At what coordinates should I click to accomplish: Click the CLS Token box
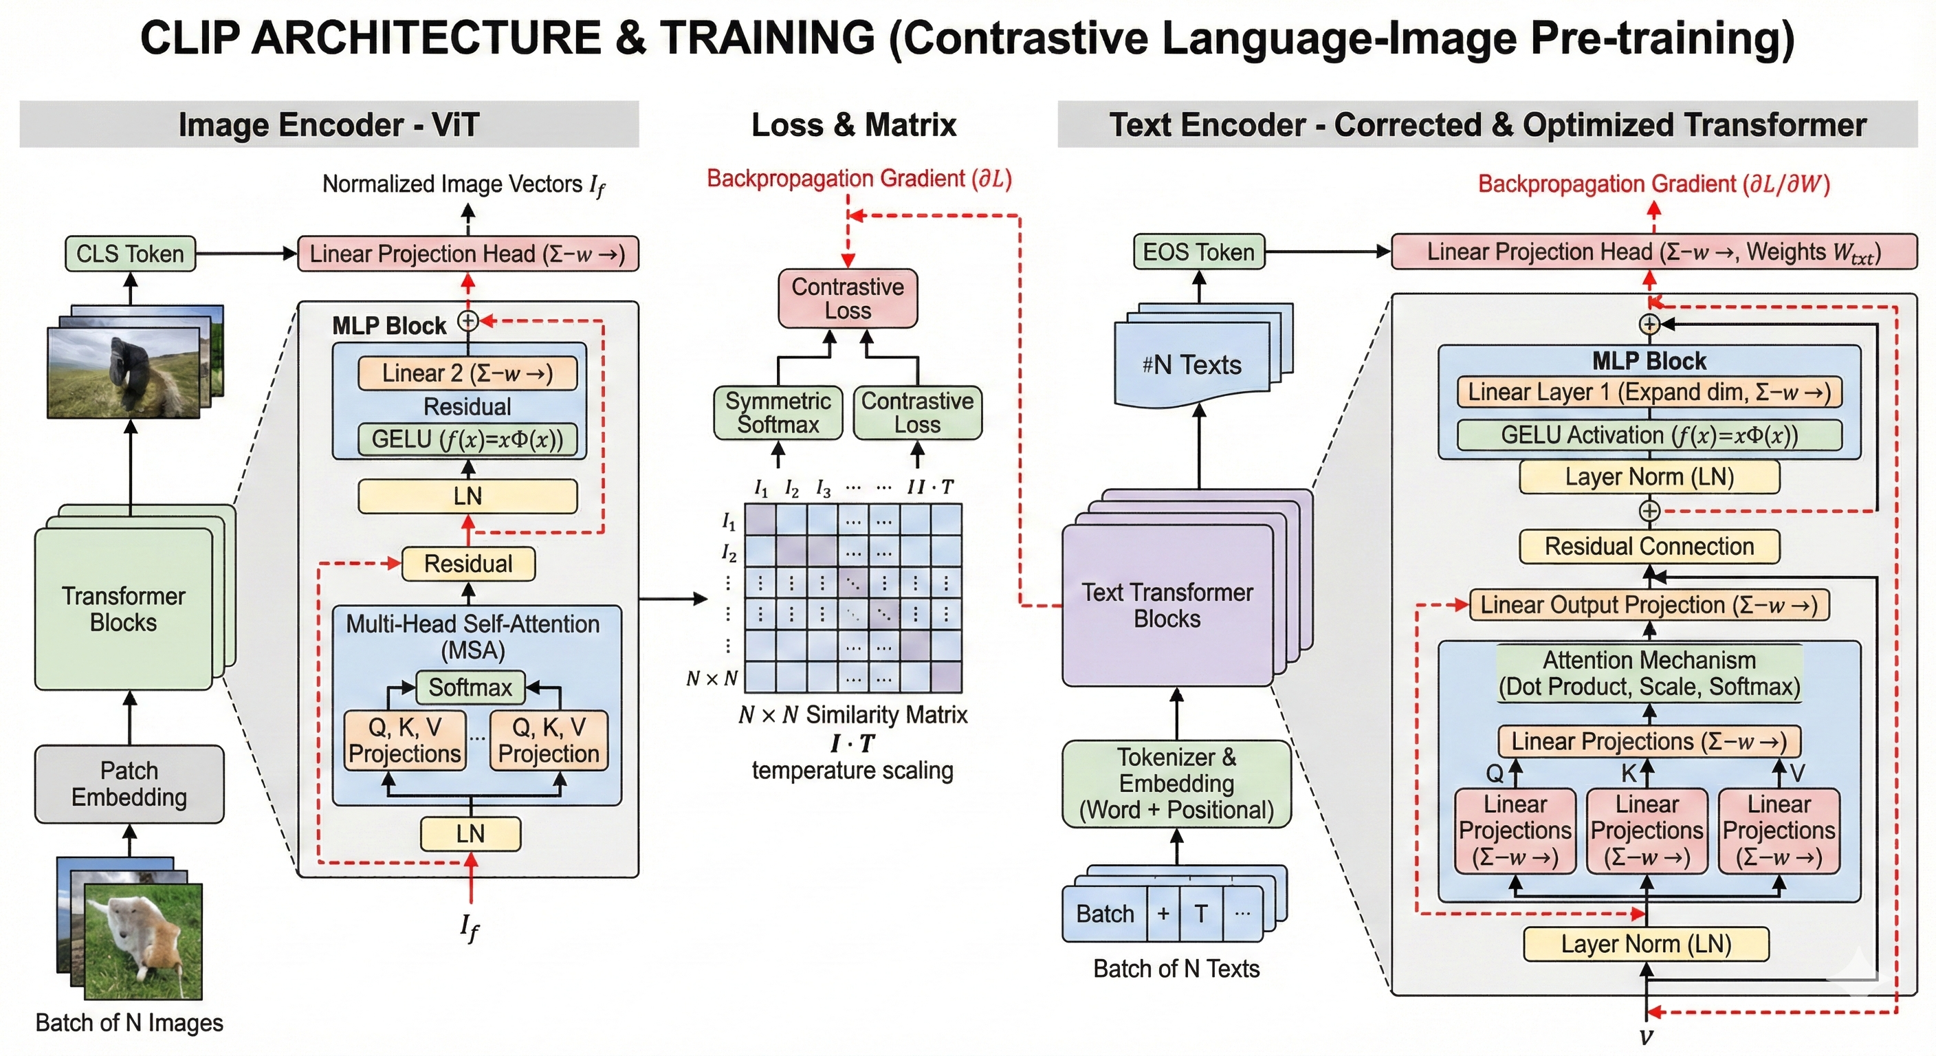(130, 254)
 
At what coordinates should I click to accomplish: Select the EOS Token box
(1199, 252)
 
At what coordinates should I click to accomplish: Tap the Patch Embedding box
(129, 784)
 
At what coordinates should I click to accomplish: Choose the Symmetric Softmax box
(778, 412)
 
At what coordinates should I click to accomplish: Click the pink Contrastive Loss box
(848, 298)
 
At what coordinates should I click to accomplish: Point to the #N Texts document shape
(1192, 365)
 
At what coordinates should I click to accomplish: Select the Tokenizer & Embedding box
(1176, 783)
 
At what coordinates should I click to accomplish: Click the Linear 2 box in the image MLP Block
(467, 373)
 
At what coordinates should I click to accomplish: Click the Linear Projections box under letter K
(1647, 830)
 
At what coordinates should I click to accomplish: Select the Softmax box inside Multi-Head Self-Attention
(470, 687)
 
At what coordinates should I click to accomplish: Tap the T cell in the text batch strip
(1201, 914)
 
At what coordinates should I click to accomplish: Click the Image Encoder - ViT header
(329, 124)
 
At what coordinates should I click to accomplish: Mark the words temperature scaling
(852, 771)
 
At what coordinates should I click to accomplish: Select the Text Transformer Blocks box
(1167, 605)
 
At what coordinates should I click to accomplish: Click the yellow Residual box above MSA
(468, 564)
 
